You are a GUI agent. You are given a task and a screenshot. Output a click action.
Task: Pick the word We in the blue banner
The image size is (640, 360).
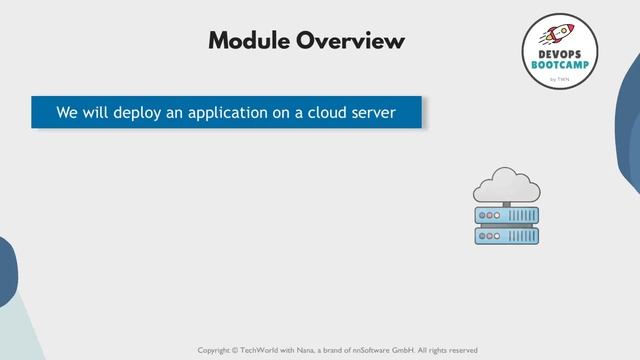tap(67, 113)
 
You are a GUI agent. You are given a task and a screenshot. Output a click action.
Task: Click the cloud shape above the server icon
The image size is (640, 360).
tap(506, 185)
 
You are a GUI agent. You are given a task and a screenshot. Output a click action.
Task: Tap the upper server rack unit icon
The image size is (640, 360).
tap(506, 215)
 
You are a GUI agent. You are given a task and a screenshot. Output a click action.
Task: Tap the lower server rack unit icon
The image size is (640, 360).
tap(506, 235)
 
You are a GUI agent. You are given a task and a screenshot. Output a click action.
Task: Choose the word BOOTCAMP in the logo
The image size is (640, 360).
tap(559, 66)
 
